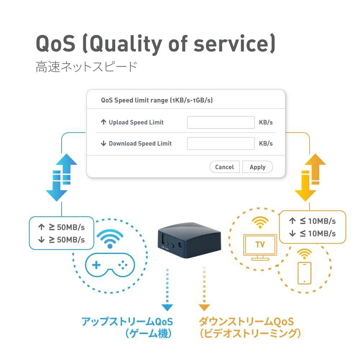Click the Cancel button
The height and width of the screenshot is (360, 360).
[x=224, y=167]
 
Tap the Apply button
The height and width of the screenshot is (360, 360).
[x=257, y=167]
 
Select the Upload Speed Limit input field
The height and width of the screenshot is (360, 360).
[x=221, y=122]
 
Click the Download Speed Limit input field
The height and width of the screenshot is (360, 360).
[x=221, y=143]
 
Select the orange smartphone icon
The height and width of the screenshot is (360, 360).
[x=304, y=273]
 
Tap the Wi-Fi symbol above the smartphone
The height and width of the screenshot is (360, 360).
[x=305, y=253]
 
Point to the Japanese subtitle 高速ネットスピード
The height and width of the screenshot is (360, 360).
[x=86, y=67]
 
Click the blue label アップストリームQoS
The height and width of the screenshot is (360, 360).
[x=127, y=321]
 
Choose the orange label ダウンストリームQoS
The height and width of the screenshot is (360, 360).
[x=246, y=321]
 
